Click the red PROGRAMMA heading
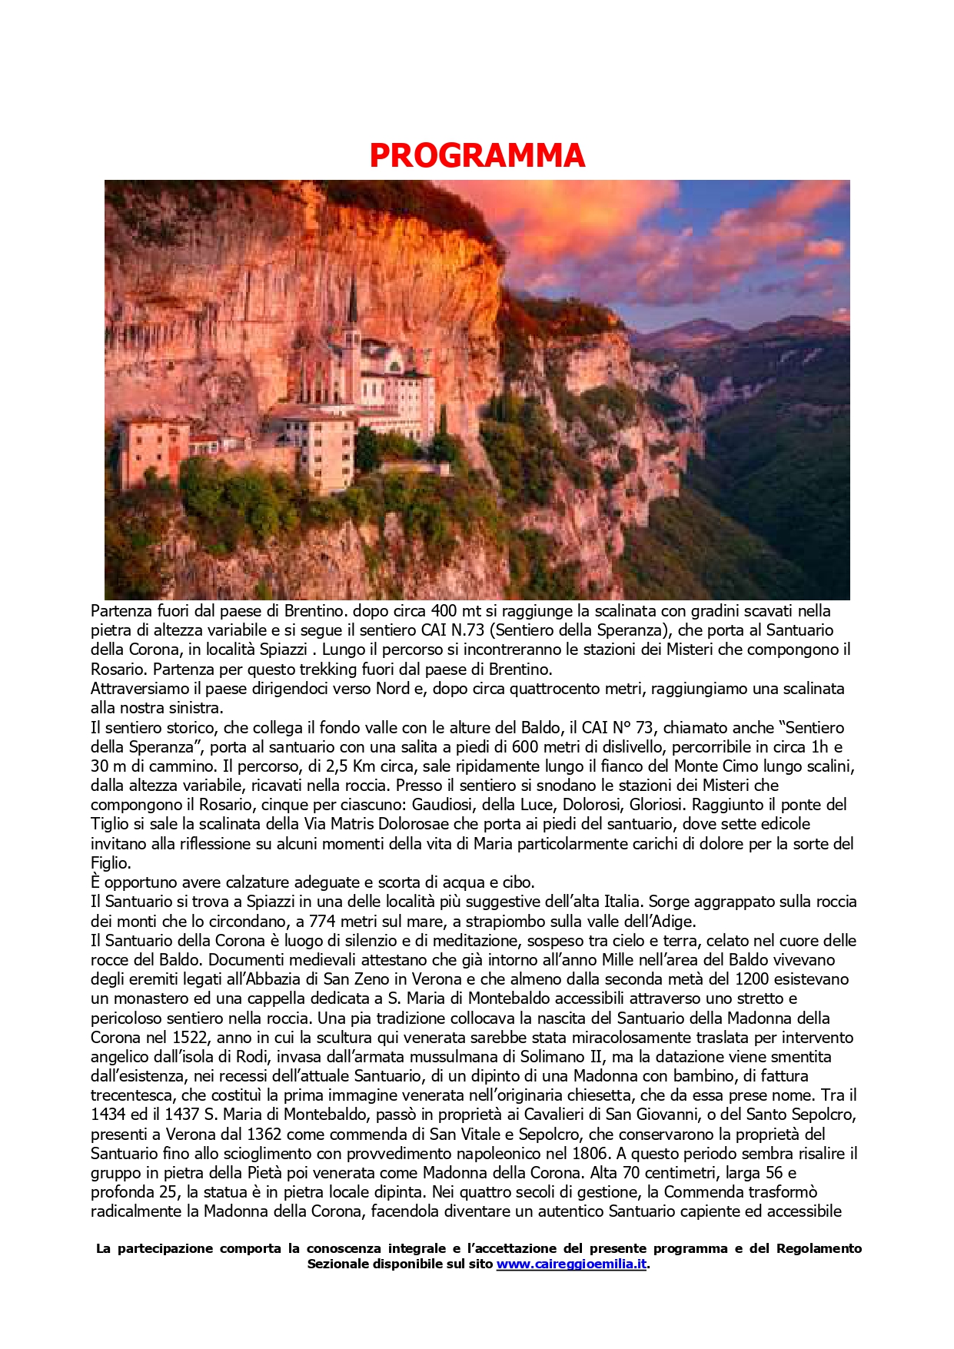pos(477,155)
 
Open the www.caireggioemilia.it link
pos(571,1264)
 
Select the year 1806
pos(592,1154)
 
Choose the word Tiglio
pos(112,824)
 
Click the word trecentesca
pos(132,1095)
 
